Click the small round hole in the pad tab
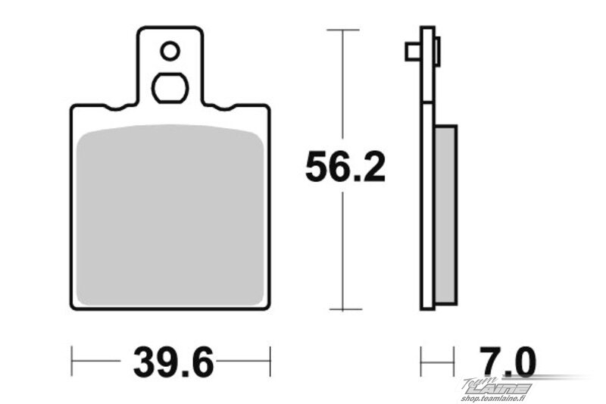170,51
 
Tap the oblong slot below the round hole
170,88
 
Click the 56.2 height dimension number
345,167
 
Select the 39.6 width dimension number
173,362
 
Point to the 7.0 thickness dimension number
507,362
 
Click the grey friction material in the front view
170,215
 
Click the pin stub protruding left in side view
413,52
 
